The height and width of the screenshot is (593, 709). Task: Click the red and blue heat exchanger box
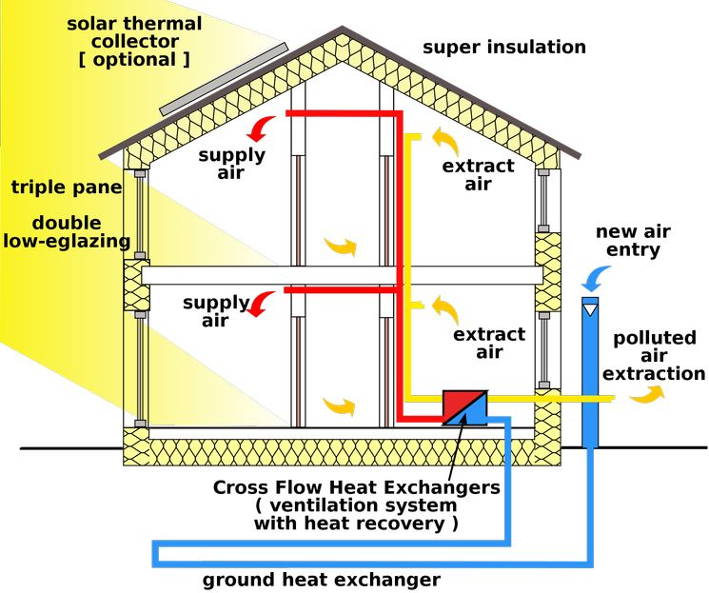[464, 405]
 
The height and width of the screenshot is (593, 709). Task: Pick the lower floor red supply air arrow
[263, 303]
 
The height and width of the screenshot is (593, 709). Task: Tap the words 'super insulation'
[504, 47]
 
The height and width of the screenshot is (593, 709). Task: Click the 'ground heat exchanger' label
[322, 579]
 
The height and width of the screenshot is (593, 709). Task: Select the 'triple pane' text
[67, 188]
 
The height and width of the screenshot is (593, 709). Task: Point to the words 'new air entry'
[629, 241]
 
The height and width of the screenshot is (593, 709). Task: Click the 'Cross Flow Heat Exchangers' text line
[356, 487]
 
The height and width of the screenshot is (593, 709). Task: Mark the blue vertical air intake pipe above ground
[591, 371]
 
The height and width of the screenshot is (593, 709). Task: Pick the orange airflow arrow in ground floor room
[340, 407]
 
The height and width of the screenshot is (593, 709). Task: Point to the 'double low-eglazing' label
[67, 232]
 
